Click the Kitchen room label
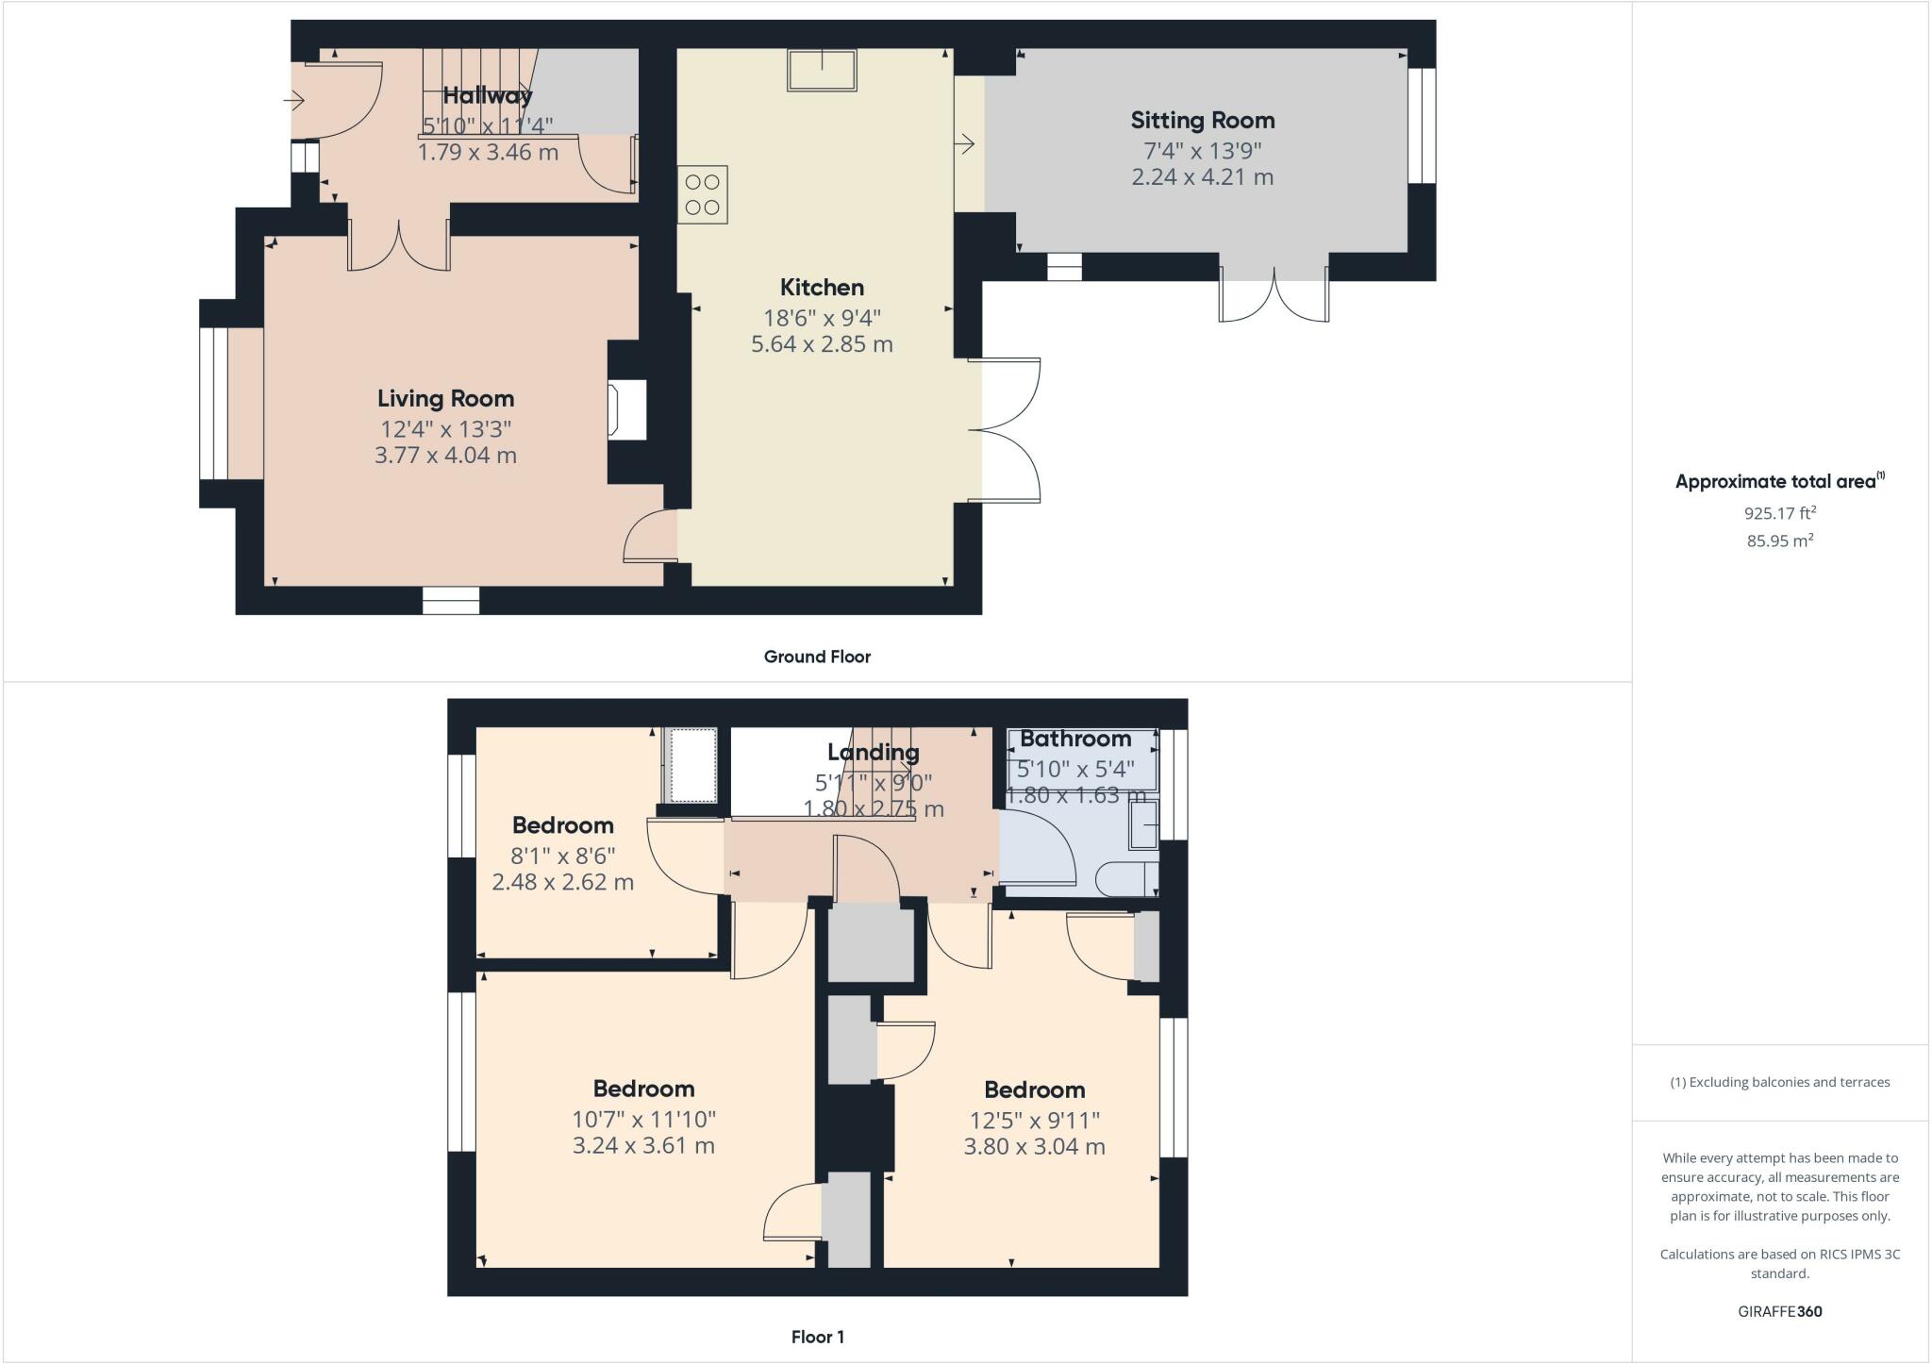click(822, 287)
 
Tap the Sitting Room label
click(1203, 121)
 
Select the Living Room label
click(445, 399)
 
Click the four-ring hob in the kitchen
click(703, 194)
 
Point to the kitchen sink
click(823, 69)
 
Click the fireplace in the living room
click(627, 409)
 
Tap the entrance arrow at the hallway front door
click(295, 99)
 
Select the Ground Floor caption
click(817, 657)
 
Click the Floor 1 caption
click(818, 1337)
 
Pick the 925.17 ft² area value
click(1780, 513)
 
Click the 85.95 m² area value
click(1780, 541)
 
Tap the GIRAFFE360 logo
click(1780, 1311)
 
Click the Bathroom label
click(1075, 739)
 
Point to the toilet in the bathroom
click(1127, 878)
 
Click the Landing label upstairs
click(874, 752)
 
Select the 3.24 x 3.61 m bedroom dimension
click(643, 1146)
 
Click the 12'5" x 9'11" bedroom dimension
click(1035, 1121)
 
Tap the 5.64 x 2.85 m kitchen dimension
click(822, 344)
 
